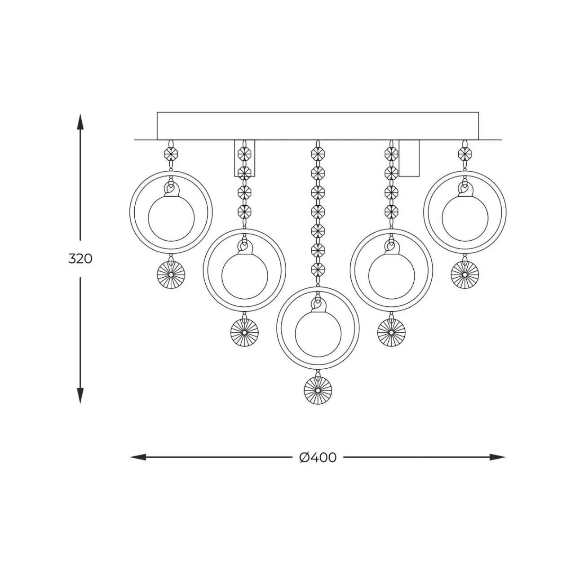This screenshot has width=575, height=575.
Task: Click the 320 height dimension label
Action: tap(80, 259)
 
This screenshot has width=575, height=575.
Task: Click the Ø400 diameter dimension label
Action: tap(318, 457)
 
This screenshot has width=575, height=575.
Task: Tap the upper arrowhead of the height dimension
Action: tap(80, 121)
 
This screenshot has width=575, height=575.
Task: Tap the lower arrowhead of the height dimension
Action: tap(80, 396)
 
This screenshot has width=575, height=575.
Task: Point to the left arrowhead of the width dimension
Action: tap(138, 457)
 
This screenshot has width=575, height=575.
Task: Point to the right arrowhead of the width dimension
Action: tap(498, 457)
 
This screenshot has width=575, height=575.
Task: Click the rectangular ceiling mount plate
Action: tap(318, 126)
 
